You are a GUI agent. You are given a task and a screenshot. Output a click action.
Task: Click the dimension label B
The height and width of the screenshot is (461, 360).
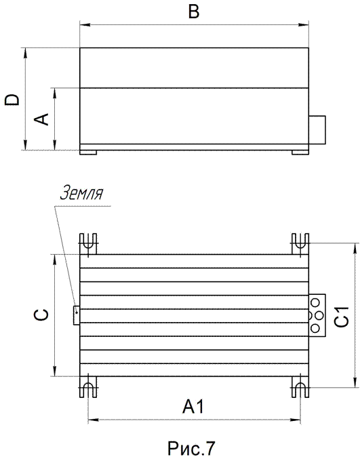point(194,12)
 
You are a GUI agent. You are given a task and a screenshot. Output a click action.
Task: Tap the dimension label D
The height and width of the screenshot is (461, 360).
point(12,100)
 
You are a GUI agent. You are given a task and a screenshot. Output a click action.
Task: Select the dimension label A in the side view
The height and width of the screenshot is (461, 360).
point(41,119)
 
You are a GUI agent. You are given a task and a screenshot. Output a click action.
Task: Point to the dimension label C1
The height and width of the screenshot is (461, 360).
point(342,317)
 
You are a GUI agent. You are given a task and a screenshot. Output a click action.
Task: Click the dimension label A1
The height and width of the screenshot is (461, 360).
point(193,407)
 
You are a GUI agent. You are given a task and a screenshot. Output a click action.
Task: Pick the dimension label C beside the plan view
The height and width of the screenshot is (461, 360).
point(41,315)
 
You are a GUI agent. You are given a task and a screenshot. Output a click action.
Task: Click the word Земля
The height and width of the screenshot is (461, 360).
point(82,193)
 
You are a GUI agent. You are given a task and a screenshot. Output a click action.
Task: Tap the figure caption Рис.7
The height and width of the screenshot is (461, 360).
point(191,447)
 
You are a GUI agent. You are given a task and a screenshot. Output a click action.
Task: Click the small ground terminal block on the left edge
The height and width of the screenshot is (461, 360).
point(77,315)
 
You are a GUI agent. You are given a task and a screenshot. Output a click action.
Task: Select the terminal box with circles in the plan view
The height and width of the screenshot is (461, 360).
point(317,315)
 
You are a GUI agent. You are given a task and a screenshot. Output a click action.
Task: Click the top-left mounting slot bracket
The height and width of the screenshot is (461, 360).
point(88,244)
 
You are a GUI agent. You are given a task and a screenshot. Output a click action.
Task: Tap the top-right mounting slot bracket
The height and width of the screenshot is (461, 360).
point(300,244)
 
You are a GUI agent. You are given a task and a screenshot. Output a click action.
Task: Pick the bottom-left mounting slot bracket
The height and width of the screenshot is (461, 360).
point(88,387)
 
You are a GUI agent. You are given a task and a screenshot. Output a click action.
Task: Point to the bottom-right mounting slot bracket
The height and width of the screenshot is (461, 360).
point(300,387)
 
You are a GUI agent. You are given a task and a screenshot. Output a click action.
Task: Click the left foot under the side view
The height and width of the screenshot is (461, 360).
point(88,153)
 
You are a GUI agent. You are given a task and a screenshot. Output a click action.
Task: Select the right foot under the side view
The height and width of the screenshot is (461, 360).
point(300,153)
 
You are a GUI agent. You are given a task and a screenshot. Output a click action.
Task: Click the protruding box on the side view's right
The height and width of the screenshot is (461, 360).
point(317,130)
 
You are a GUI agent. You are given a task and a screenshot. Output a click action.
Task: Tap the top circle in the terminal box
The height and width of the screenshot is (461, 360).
point(315,302)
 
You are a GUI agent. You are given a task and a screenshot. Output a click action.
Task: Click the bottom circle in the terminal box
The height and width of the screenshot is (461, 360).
point(315,328)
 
